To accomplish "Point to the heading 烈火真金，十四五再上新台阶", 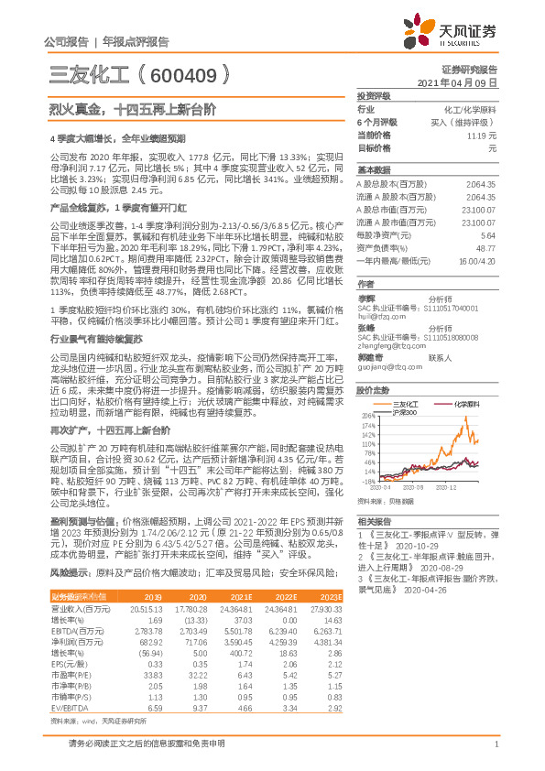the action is coord(132,108).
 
